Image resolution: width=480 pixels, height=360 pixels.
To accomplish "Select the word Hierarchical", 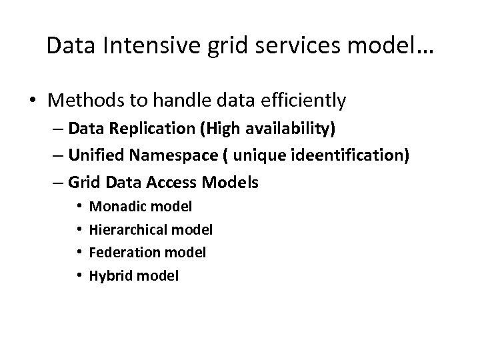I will (x=127, y=230).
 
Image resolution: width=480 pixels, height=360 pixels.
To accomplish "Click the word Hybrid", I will (x=109, y=275).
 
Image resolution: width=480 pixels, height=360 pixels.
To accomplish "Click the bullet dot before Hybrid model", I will (x=79, y=275).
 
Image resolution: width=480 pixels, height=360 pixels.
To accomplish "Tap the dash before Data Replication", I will (x=59, y=129).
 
